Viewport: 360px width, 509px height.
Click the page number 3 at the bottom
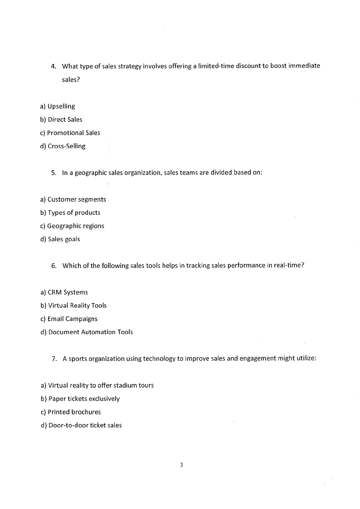[181, 465]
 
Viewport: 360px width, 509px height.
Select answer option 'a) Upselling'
[58, 107]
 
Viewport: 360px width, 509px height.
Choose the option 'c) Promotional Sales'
[70, 133]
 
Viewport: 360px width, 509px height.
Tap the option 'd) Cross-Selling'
[63, 146]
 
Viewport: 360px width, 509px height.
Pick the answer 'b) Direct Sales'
[62, 120]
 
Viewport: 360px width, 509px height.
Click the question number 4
[53, 66]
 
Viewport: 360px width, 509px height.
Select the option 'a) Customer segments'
[73, 199]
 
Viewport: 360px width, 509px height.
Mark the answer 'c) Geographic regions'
[73, 226]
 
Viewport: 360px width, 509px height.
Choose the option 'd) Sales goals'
[60, 239]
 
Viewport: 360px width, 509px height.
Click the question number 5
[53, 173]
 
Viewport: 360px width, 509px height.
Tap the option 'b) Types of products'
[70, 213]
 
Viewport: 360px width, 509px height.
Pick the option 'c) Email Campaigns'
[69, 319]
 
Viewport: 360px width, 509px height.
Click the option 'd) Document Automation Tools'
[87, 332]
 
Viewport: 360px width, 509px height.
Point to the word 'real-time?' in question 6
[288, 266]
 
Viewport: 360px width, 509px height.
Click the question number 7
[54, 359]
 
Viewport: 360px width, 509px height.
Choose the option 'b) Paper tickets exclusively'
[80, 399]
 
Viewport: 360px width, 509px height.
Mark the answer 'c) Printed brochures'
[71, 412]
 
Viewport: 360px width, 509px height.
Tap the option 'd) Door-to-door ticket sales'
[81, 425]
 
